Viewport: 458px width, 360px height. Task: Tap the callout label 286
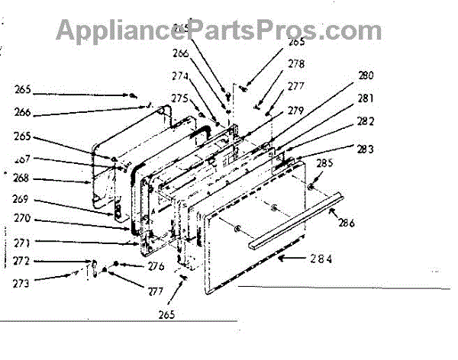[x=347, y=225]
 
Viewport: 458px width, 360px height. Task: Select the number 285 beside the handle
[x=324, y=162]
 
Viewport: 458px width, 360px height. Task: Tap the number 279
[x=295, y=112]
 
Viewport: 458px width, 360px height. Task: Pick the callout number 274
[x=179, y=76]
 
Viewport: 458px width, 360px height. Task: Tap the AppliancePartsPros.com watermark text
[x=219, y=31]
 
